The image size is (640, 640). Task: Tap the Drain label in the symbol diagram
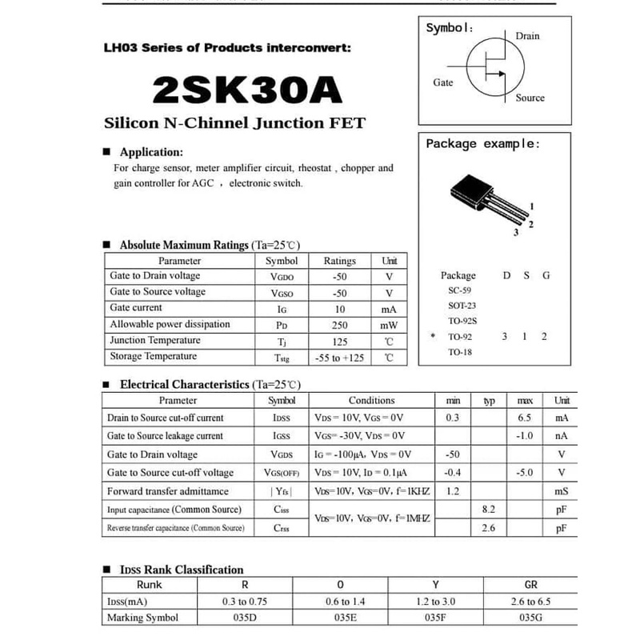coord(527,36)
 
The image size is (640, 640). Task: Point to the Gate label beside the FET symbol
coord(442,82)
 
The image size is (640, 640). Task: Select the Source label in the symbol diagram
coord(530,98)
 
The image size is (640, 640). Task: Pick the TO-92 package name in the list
coord(460,337)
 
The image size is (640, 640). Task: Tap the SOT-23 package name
coord(459,306)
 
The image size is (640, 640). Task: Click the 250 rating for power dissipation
coord(339,325)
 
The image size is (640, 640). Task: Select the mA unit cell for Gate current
coord(389,309)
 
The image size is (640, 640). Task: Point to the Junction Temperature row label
coord(155,341)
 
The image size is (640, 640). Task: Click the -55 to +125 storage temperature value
coord(339,358)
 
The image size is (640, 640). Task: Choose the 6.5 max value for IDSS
coord(525,418)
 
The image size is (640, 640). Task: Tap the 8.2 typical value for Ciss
coord(488,509)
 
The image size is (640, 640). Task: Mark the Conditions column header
coord(371,400)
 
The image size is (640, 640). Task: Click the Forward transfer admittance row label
coord(168,491)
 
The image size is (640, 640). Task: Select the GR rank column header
coord(530,585)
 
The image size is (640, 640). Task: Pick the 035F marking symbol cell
coord(435,618)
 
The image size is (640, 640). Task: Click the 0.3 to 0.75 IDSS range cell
coord(245,602)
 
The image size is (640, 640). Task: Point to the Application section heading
coord(151,152)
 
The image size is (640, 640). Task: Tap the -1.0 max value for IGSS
coord(525,436)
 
